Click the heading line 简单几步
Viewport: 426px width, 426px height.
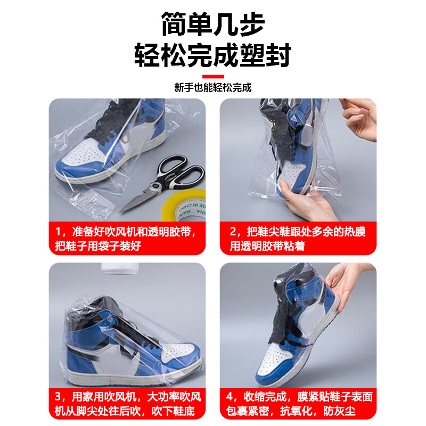[213, 24]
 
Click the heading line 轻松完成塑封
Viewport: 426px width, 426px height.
[213, 54]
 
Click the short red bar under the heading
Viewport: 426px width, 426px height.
[213, 76]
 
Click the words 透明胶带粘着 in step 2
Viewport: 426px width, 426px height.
[266, 247]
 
